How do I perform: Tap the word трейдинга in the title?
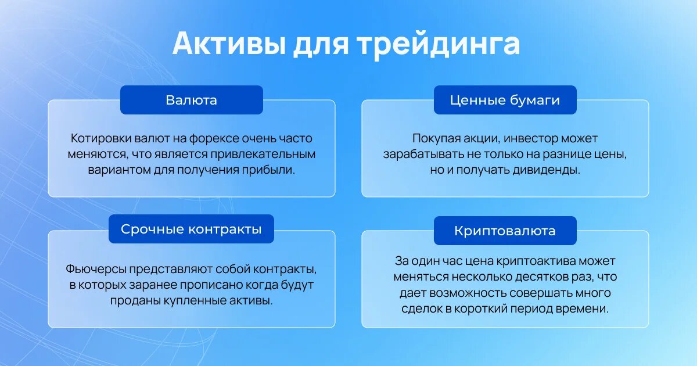click(x=439, y=45)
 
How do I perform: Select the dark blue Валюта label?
click(x=192, y=100)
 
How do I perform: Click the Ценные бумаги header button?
click(x=505, y=100)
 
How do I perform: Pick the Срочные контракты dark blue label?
click(x=191, y=229)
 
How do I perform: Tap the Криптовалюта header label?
click(x=505, y=231)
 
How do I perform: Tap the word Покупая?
click(x=437, y=139)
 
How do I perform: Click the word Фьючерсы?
click(x=96, y=270)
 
